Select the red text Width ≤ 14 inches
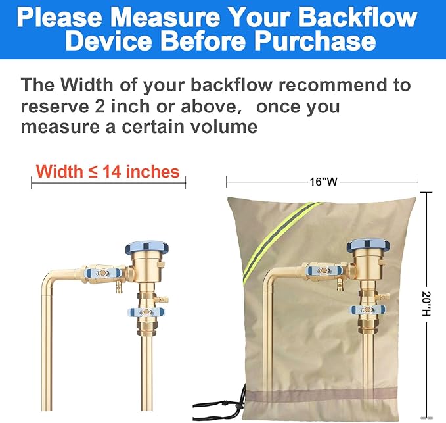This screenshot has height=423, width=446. point(108,172)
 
